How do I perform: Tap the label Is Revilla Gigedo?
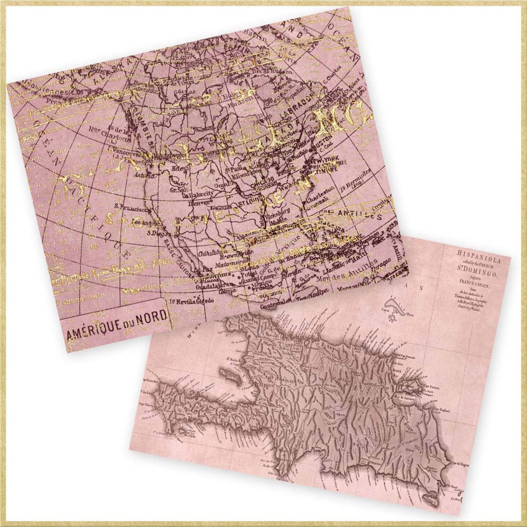(x=192, y=301)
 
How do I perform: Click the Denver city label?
(x=199, y=202)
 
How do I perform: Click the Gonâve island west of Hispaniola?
(x=231, y=374)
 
